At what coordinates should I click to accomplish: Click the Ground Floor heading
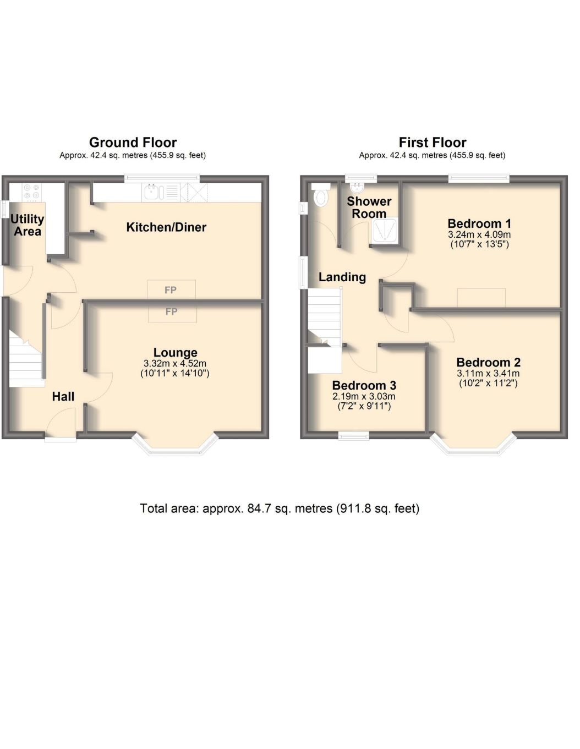(x=133, y=143)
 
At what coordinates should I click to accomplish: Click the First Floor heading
(x=432, y=143)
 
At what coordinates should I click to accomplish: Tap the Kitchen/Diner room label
(x=166, y=227)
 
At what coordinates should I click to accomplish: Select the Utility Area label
(x=27, y=225)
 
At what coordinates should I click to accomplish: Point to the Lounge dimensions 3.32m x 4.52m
(x=175, y=363)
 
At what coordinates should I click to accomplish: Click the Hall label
(x=63, y=396)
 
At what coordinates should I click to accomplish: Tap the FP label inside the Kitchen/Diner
(x=171, y=290)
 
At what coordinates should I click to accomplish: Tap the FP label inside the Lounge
(x=172, y=312)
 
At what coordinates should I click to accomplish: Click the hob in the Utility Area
(x=32, y=192)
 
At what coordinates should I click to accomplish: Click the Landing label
(x=342, y=277)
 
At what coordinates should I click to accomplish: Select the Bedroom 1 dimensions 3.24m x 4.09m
(x=479, y=235)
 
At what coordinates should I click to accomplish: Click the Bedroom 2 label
(x=488, y=362)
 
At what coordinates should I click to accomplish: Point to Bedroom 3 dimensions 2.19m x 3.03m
(x=364, y=396)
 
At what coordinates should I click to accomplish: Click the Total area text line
(x=280, y=509)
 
